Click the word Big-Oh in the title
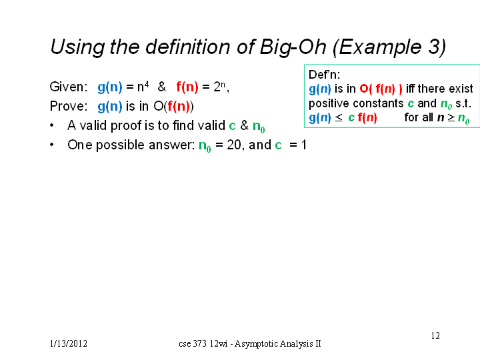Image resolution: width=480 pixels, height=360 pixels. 293,48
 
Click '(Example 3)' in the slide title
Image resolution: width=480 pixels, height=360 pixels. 389,47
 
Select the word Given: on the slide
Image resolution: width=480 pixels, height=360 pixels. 69,87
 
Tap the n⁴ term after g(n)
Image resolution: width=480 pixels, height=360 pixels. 143,86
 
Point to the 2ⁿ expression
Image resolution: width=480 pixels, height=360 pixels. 219,87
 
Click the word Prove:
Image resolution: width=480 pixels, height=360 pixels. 69,106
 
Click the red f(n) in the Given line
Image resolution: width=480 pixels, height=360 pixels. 187,87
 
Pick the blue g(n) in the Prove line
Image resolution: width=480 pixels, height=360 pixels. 110,107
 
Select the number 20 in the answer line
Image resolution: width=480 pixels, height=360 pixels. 234,145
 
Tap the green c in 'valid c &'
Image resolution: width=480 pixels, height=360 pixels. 233,126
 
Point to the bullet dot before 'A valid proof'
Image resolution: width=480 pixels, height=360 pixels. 52,125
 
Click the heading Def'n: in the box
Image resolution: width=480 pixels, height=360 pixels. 324,75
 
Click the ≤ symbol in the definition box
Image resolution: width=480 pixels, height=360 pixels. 338,118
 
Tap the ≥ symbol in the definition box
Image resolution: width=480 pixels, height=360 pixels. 451,118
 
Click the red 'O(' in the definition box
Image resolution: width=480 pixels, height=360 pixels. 365,89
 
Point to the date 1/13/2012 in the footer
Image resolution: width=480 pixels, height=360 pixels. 69,344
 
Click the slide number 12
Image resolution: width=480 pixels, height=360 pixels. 435,336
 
